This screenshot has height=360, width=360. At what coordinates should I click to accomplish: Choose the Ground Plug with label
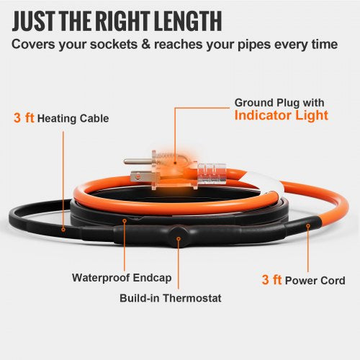coord(270,102)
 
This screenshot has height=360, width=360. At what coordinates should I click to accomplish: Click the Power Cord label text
coord(318,280)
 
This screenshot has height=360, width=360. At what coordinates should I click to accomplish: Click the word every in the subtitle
coord(292,45)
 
